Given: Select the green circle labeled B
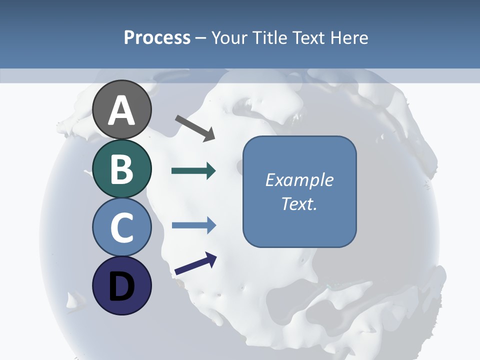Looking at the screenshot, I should click(122, 168).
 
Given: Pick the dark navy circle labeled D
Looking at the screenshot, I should click(122, 285).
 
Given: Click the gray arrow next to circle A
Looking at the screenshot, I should click(195, 128).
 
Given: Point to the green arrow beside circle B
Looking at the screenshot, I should click(193, 171).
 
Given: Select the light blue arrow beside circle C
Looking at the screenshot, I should click(193, 225).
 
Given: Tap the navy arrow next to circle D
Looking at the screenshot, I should click(195, 264).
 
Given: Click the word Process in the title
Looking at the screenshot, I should click(157, 38).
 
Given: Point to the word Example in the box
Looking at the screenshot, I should click(299, 180).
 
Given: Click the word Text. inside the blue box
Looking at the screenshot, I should click(299, 203).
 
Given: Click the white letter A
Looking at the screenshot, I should click(122, 111).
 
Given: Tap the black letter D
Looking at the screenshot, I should click(122, 286).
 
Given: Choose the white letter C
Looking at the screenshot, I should click(122, 227).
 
